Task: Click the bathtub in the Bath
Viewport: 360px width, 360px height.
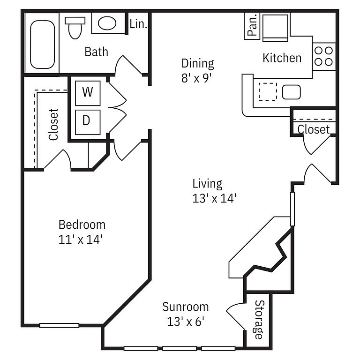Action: pyautogui.click(x=43, y=45)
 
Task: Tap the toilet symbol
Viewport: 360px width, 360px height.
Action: pyautogui.click(x=75, y=28)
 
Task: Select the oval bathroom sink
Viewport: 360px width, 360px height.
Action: pyautogui.click(x=107, y=23)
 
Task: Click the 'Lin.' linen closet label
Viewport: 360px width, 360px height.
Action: pyautogui.click(x=138, y=24)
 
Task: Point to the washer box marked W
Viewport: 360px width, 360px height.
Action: pyautogui.click(x=88, y=93)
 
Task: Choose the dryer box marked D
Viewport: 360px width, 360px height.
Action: pyautogui.click(x=88, y=122)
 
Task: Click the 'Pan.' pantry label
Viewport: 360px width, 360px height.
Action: pyautogui.click(x=252, y=26)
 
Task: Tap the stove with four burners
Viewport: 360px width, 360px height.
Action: pyautogui.click(x=324, y=56)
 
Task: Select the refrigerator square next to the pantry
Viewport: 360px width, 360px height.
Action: pyautogui.click(x=275, y=28)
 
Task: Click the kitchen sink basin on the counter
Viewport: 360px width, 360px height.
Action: pyautogui.click(x=292, y=92)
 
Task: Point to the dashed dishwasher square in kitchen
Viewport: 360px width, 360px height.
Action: pyautogui.click(x=268, y=92)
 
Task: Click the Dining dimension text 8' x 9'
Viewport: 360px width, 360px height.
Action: pyautogui.click(x=196, y=78)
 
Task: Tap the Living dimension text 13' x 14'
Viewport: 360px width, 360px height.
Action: pyautogui.click(x=214, y=198)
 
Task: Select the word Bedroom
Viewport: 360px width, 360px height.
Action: pyautogui.click(x=82, y=225)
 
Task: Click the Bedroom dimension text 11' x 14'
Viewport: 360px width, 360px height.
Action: pyautogui.click(x=80, y=240)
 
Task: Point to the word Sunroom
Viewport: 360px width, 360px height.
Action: pyautogui.click(x=186, y=307)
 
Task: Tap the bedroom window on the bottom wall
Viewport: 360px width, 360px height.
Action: pyautogui.click(x=59, y=325)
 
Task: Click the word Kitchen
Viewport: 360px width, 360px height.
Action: pyautogui.click(x=282, y=58)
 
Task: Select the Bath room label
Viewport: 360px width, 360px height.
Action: pyautogui.click(x=96, y=52)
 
